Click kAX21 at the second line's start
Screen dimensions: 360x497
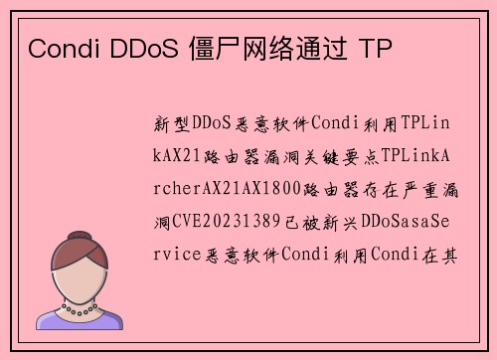pos(179,155)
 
